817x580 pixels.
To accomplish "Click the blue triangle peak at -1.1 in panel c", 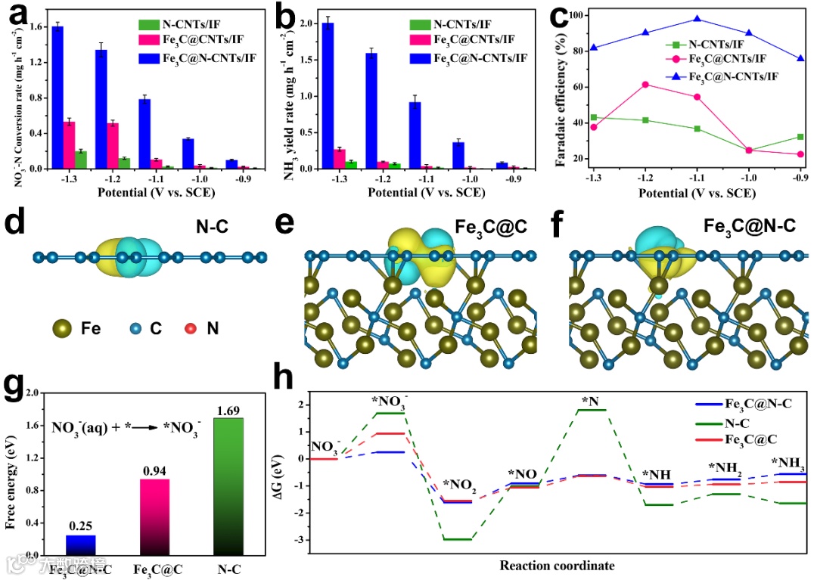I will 697,19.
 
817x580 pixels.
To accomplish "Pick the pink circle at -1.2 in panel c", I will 645,85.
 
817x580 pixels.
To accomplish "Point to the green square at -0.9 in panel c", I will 800,137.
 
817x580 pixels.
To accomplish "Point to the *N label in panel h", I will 591,400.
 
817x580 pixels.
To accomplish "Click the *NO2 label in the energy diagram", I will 459,485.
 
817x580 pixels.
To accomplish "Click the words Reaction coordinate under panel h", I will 557,565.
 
